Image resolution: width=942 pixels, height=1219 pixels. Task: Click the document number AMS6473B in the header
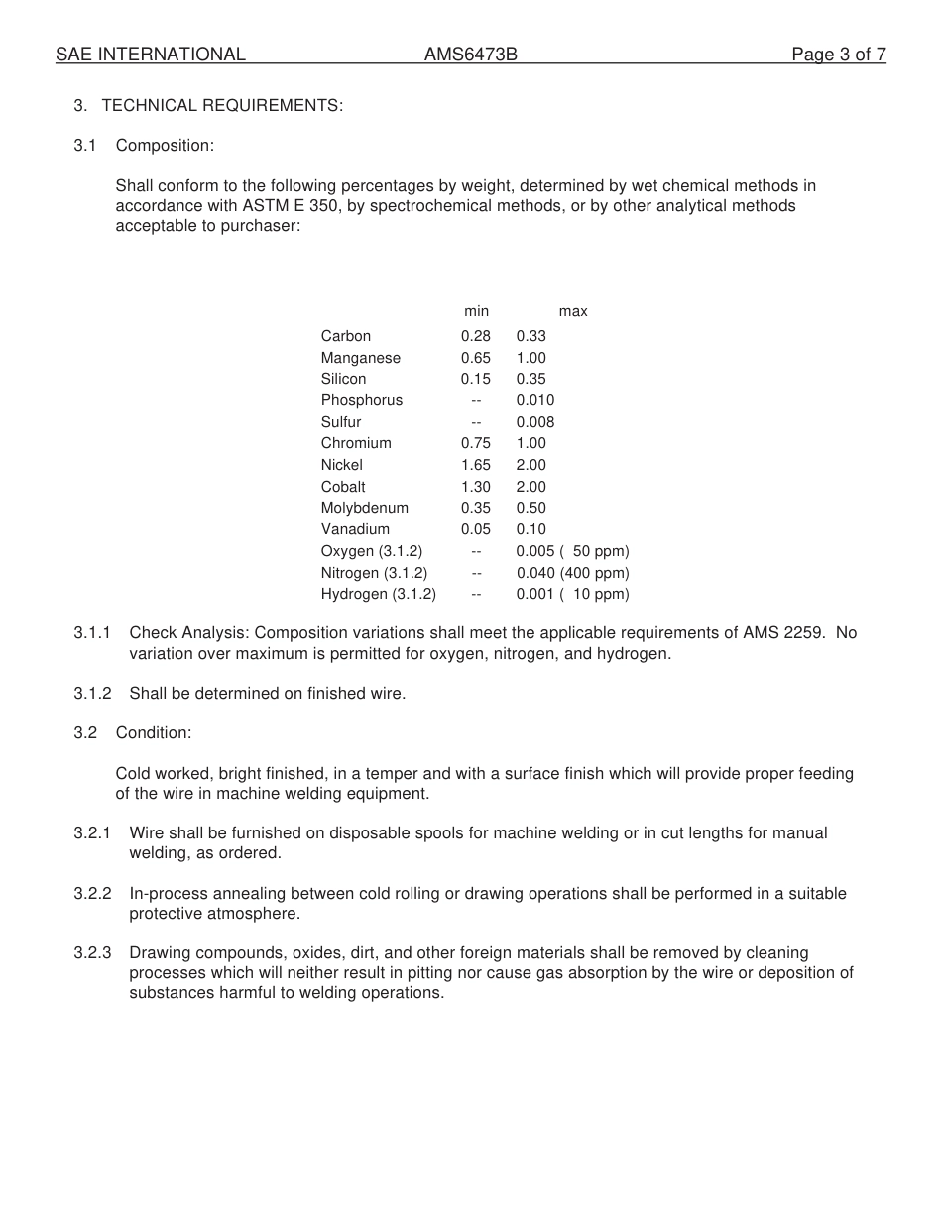click(470, 55)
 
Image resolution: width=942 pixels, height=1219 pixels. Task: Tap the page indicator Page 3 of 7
click(838, 55)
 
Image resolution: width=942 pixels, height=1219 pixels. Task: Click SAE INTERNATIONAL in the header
click(151, 55)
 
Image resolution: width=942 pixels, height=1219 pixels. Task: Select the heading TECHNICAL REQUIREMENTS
click(222, 105)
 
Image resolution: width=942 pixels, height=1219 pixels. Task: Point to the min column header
click(476, 311)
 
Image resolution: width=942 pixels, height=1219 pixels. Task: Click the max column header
click(573, 311)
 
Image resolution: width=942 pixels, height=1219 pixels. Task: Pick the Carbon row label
click(346, 336)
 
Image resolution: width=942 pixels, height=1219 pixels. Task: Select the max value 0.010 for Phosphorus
click(535, 400)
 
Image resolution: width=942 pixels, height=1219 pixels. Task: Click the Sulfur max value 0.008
click(535, 422)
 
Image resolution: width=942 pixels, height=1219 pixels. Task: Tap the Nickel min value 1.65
click(476, 465)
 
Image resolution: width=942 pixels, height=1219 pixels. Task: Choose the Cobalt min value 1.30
click(476, 487)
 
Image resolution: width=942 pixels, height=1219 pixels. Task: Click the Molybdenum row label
click(365, 508)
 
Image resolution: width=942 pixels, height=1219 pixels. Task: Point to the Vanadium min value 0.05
click(476, 529)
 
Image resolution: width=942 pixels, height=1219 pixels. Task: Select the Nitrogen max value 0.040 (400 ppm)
click(572, 573)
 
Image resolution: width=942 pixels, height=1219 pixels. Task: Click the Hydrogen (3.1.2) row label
click(379, 595)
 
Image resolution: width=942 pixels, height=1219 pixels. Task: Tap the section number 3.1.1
click(92, 632)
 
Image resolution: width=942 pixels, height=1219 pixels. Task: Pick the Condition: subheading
click(154, 732)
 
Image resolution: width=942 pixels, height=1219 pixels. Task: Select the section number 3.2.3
click(92, 953)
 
